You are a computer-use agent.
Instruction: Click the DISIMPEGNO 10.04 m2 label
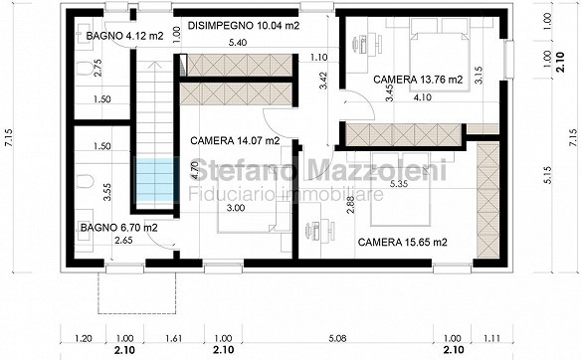click(x=244, y=26)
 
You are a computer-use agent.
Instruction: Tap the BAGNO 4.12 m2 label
click(x=124, y=36)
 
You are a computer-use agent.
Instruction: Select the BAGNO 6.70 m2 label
click(x=119, y=228)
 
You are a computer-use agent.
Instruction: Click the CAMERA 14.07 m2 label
click(x=235, y=141)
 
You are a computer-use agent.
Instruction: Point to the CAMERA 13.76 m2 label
click(x=418, y=80)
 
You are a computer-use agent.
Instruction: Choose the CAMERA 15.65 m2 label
click(x=402, y=243)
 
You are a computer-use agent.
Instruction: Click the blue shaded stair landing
click(x=154, y=180)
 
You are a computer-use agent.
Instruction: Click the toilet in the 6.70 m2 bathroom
click(x=86, y=181)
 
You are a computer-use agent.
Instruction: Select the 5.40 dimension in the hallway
click(x=238, y=43)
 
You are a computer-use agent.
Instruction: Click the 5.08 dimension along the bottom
click(x=337, y=338)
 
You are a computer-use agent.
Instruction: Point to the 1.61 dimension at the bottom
click(x=173, y=338)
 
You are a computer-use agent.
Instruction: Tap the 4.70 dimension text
click(x=198, y=170)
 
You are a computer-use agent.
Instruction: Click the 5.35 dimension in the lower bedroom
click(x=399, y=184)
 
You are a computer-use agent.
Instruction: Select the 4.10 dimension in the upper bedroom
click(x=423, y=97)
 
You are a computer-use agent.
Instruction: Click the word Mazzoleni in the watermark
click(x=377, y=170)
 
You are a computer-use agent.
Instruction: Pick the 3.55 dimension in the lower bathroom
click(x=107, y=192)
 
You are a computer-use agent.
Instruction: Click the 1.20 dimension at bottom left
click(x=84, y=338)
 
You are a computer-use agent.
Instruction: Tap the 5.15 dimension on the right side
click(x=549, y=175)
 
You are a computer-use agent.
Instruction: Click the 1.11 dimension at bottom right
click(x=492, y=338)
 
